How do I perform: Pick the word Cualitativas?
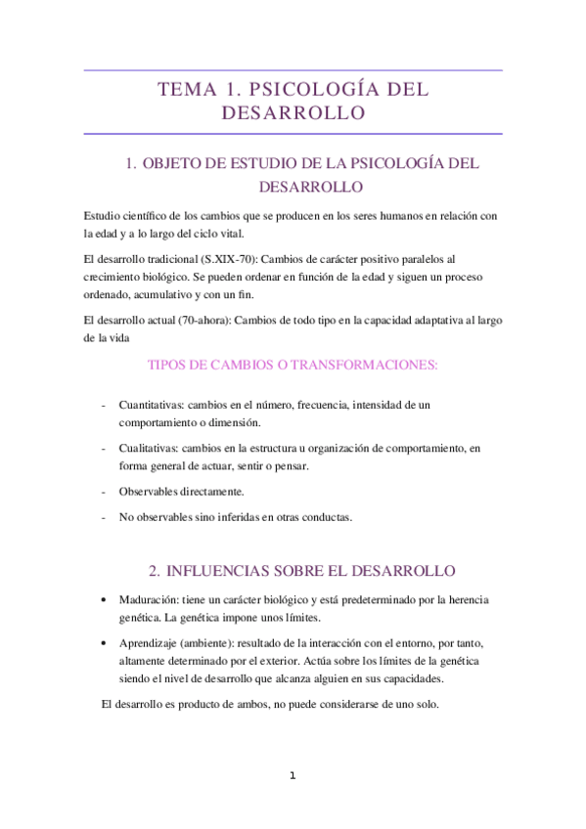pyautogui.click(x=151, y=448)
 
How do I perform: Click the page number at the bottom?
pyautogui.click(x=292, y=776)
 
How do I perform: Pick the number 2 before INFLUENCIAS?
pyautogui.click(x=154, y=570)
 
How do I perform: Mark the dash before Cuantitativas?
pyautogui.click(x=105, y=404)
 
